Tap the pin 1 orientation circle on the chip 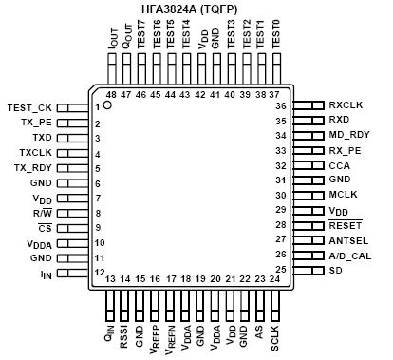tap(107, 106)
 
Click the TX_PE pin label tap(37, 123)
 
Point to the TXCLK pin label tap(36, 152)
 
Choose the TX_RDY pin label tap(34, 167)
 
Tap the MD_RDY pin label tap(348, 135)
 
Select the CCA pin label tap(339, 164)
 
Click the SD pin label tap(335, 270)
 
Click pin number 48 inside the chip tap(110, 95)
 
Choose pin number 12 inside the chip tap(98, 272)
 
